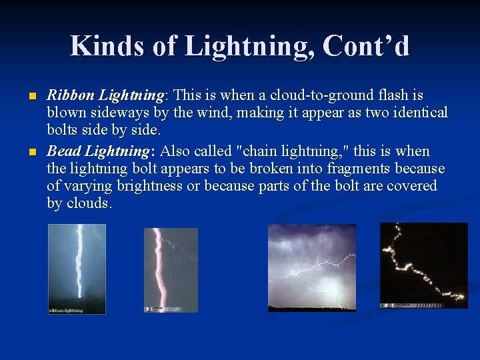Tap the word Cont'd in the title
[366, 46]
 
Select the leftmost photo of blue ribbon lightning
[77, 268]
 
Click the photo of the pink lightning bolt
[171, 269]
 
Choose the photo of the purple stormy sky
[311, 267]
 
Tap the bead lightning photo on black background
[423, 265]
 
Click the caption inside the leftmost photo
[66, 310]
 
